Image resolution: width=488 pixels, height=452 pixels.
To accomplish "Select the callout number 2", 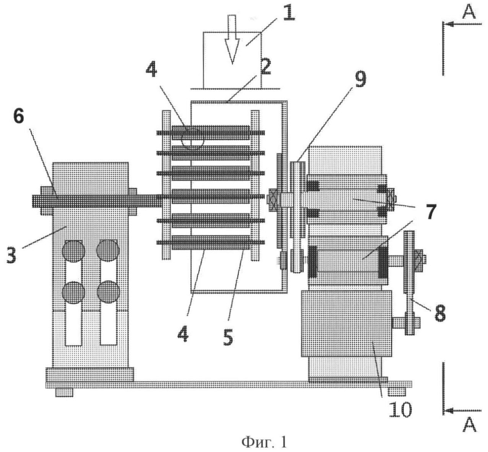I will [265, 67].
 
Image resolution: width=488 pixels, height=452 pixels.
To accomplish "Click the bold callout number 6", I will [19, 117].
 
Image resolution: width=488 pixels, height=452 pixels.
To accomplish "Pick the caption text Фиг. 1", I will [263, 442].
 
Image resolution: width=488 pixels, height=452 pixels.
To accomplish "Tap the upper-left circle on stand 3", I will [73, 251].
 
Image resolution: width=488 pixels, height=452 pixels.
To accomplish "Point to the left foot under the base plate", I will [64, 392].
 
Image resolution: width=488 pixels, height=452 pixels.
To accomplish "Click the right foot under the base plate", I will [397, 392].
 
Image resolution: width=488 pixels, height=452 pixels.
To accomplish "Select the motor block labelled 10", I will [346, 324].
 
